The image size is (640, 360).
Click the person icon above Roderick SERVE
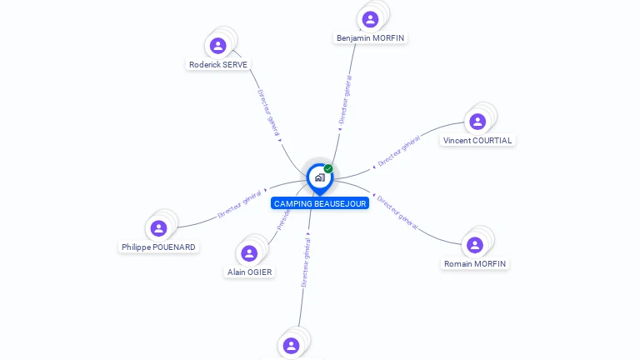pyautogui.click(x=218, y=46)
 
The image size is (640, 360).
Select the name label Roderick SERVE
pyautogui.click(x=218, y=64)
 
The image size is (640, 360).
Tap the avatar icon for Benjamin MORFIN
pyautogui.click(x=370, y=19)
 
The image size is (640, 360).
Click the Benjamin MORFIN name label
pyautogui.click(x=371, y=38)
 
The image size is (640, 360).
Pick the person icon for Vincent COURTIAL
pyautogui.click(x=477, y=122)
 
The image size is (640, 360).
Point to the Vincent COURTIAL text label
pyautogui.click(x=477, y=141)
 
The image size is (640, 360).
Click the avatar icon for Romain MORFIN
pyautogui.click(x=475, y=245)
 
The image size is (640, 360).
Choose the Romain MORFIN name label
pyautogui.click(x=475, y=263)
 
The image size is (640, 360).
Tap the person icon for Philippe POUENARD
pyautogui.click(x=158, y=228)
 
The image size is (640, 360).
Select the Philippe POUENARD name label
pyautogui.click(x=158, y=247)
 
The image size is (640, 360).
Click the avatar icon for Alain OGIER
pyautogui.click(x=249, y=253)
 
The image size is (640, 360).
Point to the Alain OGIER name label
pyautogui.click(x=250, y=272)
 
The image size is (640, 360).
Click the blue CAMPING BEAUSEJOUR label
pyautogui.click(x=320, y=203)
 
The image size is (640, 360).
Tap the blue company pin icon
pyautogui.click(x=319, y=177)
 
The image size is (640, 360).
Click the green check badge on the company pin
pyautogui.click(x=328, y=169)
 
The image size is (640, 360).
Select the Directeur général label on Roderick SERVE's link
pyautogui.click(x=269, y=113)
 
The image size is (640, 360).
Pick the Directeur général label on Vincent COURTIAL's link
pyautogui.click(x=398, y=152)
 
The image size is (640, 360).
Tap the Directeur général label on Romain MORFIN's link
pyautogui.click(x=397, y=212)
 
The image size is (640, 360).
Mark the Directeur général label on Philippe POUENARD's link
pyautogui.click(x=239, y=204)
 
